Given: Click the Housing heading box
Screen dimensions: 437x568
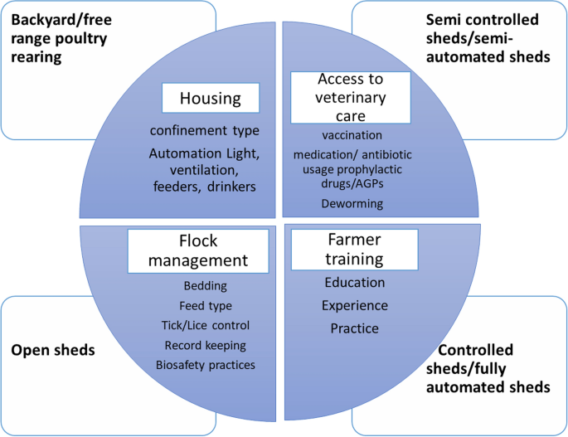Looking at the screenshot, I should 211,99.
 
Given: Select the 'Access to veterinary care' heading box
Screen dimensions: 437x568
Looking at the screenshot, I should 350,98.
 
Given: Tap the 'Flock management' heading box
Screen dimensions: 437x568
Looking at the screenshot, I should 197,250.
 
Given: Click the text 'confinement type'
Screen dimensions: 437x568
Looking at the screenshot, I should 204,131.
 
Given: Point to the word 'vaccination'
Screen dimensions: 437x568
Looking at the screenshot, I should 352,134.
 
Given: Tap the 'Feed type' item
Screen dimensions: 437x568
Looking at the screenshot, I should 204,305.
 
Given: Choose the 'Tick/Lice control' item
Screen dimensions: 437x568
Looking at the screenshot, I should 205,325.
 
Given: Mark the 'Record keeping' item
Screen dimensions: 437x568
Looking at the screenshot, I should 205,345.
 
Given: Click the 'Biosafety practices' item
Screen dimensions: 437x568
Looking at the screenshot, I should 205,365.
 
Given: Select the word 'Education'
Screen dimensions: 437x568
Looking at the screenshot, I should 354,283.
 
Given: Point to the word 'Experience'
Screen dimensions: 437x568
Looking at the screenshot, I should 354,306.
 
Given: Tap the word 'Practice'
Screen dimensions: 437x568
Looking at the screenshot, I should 354,328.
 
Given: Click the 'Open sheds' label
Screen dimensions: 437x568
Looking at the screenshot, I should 52,351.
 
